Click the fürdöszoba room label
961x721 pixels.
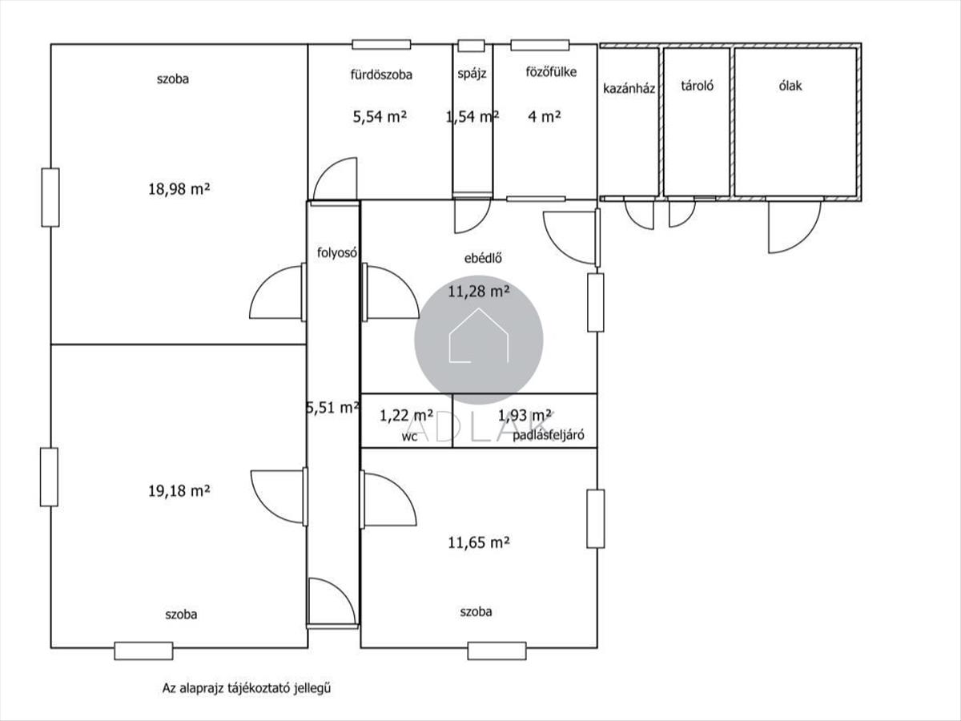(x=381, y=75)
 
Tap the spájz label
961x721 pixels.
(x=472, y=74)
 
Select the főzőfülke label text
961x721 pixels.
(x=551, y=72)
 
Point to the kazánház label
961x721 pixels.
(x=629, y=88)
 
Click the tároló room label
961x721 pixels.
(x=697, y=86)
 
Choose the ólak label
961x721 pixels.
(x=790, y=86)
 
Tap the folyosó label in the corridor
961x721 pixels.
(x=337, y=252)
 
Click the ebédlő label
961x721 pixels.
(x=483, y=258)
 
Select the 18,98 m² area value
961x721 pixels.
(x=179, y=189)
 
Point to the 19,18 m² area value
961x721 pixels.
(x=179, y=491)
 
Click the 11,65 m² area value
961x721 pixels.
(x=479, y=543)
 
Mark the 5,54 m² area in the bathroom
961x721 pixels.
(x=380, y=116)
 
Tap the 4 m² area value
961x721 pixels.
(x=545, y=116)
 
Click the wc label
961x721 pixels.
(x=409, y=437)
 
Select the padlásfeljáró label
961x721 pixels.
(x=548, y=435)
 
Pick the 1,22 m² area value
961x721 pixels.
(x=406, y=415)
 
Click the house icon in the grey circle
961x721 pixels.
(x=479, y=336)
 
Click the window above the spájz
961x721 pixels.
(x=471, y=46)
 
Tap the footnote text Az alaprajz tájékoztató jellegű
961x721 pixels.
(x=247, y=688)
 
